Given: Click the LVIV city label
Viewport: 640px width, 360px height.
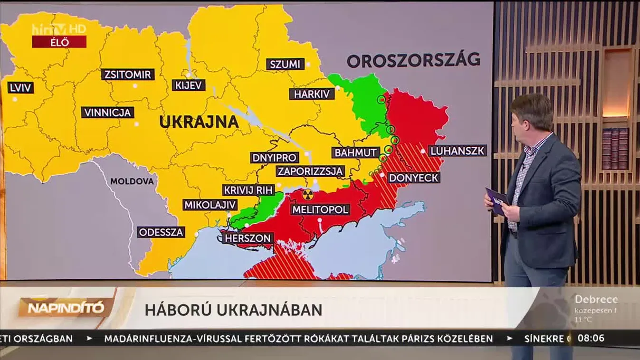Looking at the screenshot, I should pyautogui.click(x=20, y=88).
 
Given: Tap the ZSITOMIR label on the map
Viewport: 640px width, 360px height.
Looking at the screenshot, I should pyautogui.click(x=128, y=75).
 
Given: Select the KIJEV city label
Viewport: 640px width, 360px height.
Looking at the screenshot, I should pyautogui.click(x=189, y=85).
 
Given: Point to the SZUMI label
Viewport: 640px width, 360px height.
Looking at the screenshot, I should pyautogui.click(x=285, y=64).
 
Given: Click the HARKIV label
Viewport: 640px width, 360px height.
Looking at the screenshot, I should pyautogui.click(x=312, y=94).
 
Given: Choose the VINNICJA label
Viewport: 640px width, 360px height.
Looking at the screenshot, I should pyautogui.click(x=107, y=113).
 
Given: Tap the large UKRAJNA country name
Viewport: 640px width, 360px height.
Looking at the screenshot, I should pyautogui.click(x=199, y=122).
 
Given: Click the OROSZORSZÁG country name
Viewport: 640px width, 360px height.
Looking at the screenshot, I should pyautogui.click(x=413, y=60).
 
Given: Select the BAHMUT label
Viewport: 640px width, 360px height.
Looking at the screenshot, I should pyautogui.click(x=355, y=153).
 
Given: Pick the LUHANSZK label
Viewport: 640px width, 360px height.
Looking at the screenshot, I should pyautogui.click(x=458, y=151).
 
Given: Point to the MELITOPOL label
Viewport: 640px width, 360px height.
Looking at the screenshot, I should pyautogui.click(x=320, y=209).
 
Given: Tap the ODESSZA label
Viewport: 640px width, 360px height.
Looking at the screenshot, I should pyautogui.click(x=161, y=232).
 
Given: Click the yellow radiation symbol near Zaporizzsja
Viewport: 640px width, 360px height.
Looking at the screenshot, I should pyautogui.click(x=308, y=194).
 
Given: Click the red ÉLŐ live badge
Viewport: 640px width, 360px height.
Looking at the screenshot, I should pyautogui.click(x=59, y=42).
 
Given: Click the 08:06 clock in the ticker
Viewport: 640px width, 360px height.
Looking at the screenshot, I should pyautogui.click(x=591, y=339).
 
